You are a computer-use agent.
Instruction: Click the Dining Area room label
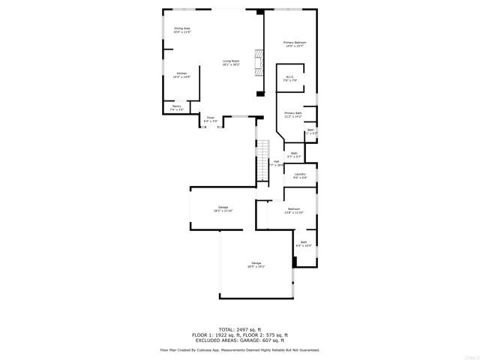point(182,30)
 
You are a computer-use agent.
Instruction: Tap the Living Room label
point(231,63)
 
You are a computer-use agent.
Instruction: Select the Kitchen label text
point(181,75)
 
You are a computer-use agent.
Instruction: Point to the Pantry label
point(177,108)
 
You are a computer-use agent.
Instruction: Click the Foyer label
point(211,118)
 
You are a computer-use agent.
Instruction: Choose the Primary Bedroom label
point(295,44)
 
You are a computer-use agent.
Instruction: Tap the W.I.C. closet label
point(290,79)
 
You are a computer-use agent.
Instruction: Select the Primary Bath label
point(292,115)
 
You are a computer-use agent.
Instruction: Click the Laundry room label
point(300,175)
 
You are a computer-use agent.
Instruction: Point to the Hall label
point(276,161)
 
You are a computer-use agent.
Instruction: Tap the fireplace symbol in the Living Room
point(259,59)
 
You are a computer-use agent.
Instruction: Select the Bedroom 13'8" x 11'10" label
point(294,211)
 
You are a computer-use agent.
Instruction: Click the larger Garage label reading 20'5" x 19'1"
point(256,265)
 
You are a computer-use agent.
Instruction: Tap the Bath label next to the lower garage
point(304,244)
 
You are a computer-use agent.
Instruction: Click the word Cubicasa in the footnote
point(214,349)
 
